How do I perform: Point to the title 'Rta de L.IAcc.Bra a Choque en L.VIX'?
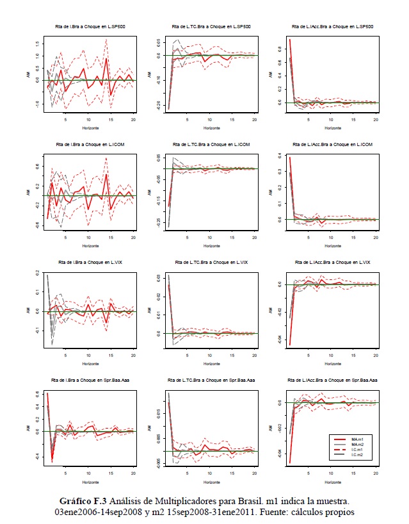point(332,263)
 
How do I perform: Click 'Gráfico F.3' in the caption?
point(83,500)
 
